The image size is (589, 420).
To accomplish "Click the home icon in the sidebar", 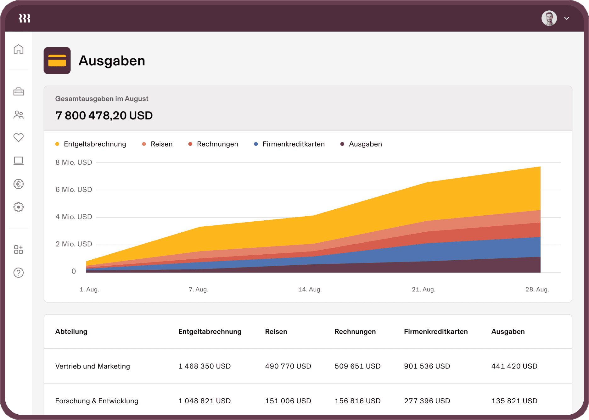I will (19, 49).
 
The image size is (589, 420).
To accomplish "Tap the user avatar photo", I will (549, 18).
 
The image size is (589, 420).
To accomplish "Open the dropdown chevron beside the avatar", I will (567, 18).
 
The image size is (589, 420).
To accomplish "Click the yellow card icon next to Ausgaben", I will (57, 61).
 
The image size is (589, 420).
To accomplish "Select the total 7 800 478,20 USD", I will (104, 116).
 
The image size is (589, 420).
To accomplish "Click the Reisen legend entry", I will (161, 144).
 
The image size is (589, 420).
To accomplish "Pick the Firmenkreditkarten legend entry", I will (293, 144).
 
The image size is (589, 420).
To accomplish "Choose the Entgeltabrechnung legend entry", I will (95, 144).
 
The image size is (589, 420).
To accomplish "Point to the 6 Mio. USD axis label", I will (74, 190).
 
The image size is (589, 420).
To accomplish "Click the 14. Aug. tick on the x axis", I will (310, 289).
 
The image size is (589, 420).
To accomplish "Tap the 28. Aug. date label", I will (537, 289).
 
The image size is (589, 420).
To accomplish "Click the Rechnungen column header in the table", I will (355, 332).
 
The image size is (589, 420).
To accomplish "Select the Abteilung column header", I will (71, 332).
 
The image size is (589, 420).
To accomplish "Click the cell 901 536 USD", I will (427, 366).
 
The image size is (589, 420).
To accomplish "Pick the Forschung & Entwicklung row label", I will (97, 401).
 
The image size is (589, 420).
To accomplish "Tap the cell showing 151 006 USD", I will (288, 401).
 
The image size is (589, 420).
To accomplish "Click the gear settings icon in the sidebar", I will (19, 207).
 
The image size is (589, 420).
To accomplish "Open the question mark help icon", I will (19, 273).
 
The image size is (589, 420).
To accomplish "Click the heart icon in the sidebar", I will (19, 137).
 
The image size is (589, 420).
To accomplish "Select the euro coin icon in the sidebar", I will (19, 184).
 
